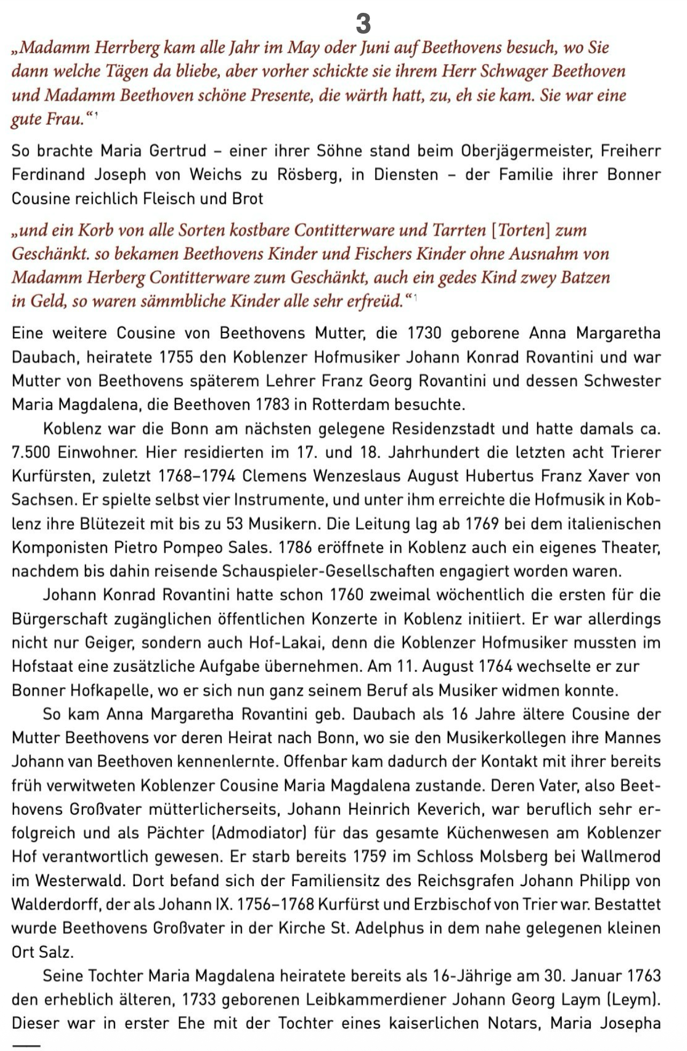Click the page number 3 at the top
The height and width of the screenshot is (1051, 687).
[363, 24]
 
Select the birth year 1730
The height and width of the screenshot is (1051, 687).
[425, 333]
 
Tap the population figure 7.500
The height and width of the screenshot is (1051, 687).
[31, 452]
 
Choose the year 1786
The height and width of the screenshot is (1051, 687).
[297, 547]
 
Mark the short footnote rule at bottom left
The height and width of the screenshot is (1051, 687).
[26, 1045]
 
